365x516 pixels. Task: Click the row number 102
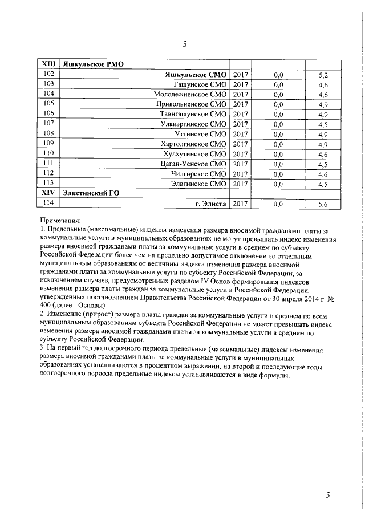click(48, 75)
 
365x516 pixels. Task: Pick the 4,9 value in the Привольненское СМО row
click(323, 104)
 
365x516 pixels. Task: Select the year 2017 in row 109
click(240, 143)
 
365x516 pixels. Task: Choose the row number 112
click(48, 173)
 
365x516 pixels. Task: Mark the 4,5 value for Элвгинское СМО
click(323, 184)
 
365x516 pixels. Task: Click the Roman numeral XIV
click(48, 193)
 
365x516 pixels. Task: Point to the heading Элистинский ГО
click(91, 193)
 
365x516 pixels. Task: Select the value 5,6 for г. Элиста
click(323, 204)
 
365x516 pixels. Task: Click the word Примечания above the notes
click(60, 220)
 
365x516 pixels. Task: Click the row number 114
click(48, 203)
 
